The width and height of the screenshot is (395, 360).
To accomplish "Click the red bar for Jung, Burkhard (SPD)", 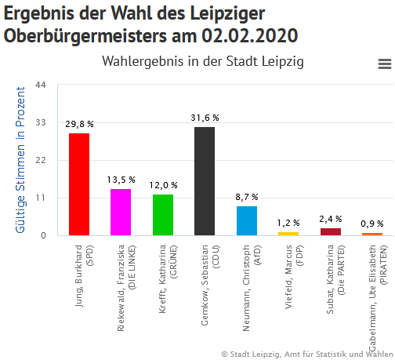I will pos(79,184).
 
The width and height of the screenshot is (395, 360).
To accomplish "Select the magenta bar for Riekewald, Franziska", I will pos(121,212).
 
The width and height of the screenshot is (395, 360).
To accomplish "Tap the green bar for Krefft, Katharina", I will pos(163,215).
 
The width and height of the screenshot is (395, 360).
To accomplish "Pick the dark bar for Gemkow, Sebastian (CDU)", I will pos(205,181).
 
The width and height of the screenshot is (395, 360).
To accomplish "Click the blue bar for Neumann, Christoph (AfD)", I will pos(247,220).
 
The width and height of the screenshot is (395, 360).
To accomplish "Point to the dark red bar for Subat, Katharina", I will pos(331,231).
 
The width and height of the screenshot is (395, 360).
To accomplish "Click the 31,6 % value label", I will pos(205,118).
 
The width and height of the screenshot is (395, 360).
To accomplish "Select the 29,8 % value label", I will pos(79,124).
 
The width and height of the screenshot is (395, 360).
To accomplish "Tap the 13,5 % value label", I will pos(121,180).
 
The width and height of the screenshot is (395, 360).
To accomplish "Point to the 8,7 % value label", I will pos(247,197).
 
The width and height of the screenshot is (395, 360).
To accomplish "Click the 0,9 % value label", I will pos(372,224).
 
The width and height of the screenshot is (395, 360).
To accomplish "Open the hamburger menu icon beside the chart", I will pos(384,64).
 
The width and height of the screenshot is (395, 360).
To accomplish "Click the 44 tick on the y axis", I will pos(42,85).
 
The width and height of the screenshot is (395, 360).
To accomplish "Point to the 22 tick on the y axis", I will pos(42,160).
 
